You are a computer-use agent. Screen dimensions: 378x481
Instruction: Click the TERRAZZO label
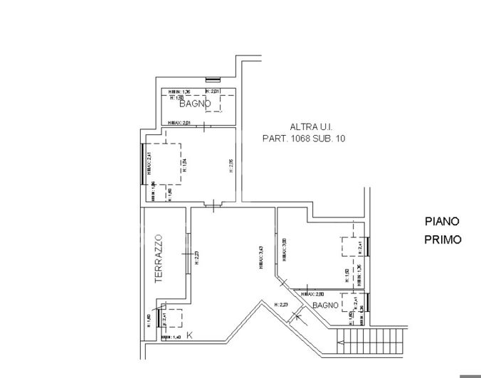click(159, 260)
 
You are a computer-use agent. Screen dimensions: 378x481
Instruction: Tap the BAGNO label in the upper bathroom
click(195, 104)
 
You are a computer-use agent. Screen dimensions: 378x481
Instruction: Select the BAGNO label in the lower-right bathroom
click(324, 305)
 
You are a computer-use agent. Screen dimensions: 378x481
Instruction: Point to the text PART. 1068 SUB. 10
click(304, 139)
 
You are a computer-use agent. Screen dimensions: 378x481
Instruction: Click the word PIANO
click(442, 222)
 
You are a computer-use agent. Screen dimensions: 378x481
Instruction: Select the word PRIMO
click(443, 239)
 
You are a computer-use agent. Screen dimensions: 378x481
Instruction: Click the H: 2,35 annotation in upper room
click(231, 166)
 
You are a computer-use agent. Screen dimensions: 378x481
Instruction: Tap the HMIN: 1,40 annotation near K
click(173, 337)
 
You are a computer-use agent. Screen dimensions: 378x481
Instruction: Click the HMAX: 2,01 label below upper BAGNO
click(180, 123)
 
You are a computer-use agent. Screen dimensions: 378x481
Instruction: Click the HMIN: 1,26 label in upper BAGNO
click(180, 92)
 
